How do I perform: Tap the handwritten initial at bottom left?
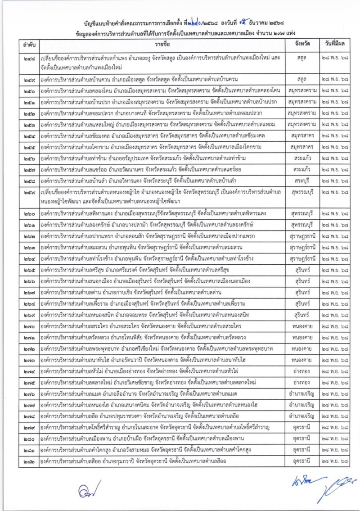(84, 489)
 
